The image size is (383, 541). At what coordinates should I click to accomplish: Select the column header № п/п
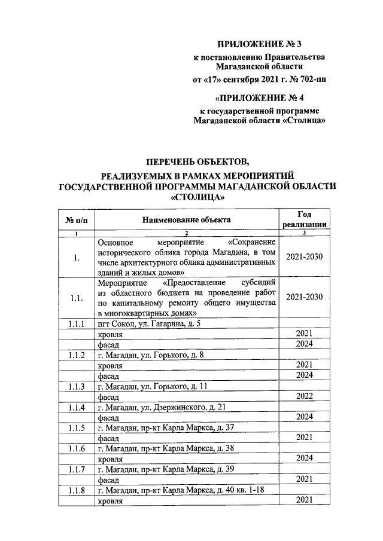click(77, 220)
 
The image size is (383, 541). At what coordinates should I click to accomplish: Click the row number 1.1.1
click(77, 323)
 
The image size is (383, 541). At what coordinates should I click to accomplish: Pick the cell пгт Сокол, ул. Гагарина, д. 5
click(148, 323)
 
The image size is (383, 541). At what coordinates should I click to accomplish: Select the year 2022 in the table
click(304, 396)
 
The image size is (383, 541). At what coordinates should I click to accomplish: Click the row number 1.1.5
click(77, 427)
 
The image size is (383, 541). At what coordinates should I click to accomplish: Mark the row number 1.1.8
click(77, 490)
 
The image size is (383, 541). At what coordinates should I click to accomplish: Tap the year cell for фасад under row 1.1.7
click(304, 479)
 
